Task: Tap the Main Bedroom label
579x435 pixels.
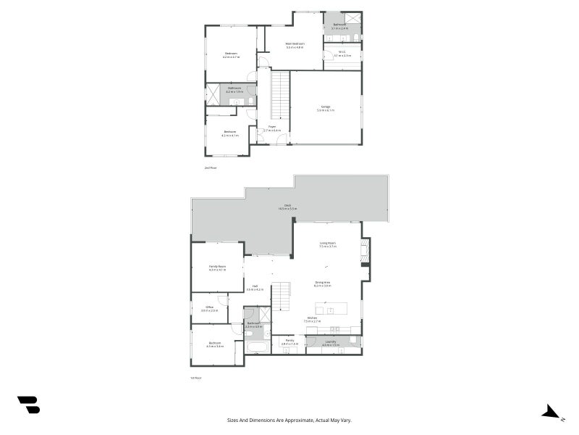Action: click(295, 45)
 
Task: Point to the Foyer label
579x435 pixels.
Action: click(272, 128)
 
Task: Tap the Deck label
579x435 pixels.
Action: click(287, 207)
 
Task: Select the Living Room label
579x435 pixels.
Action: click(327, 244)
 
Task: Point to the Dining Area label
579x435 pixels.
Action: click(323, 283)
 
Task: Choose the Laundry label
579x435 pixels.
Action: click(331, 342)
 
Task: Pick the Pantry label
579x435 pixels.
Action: click(289, 341)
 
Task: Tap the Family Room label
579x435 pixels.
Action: click(217, 268)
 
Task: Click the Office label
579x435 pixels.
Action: click(209, 308)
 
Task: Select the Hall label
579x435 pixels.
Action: click(255, 287)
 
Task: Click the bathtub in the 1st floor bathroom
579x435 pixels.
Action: click(257, 347)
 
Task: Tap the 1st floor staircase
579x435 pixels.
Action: click(281, 297)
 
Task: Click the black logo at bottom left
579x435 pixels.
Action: click(29, 405)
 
